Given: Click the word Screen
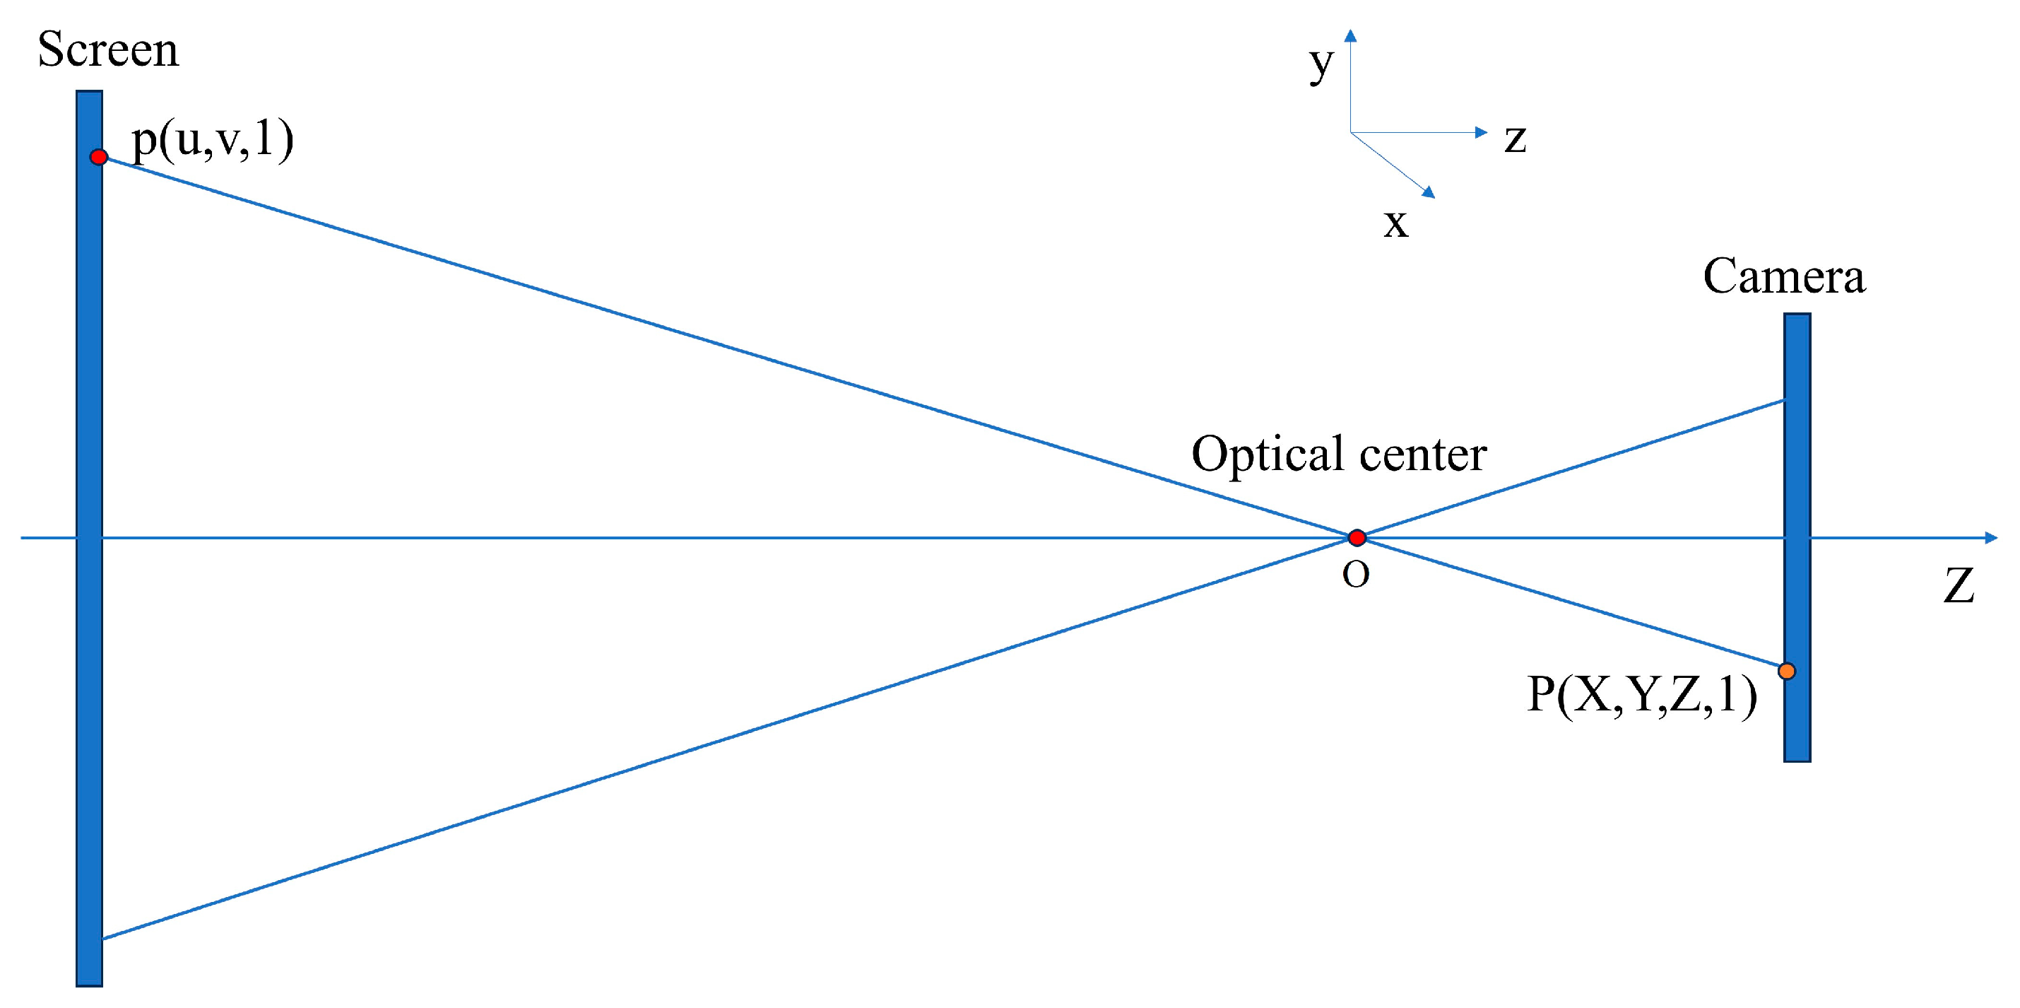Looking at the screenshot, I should (108, 50).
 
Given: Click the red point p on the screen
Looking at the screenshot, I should (99, 157).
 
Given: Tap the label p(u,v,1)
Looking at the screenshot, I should (213, 141).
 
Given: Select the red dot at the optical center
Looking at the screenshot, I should (1357, 537).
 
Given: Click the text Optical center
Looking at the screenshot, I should (1339, 455).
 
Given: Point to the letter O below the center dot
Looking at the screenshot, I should (1356, 575).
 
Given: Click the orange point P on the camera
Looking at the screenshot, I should (1786, 671).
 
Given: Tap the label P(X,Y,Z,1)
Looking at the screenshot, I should (1641, 695).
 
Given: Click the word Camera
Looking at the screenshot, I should (1784, 277).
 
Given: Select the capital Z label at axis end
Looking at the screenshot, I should (1958, 585).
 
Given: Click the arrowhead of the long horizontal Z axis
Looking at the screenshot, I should (1990, 537).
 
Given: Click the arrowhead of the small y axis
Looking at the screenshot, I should (1350, 35).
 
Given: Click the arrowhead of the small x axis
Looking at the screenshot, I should (1429, 192).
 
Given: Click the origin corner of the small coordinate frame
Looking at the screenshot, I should (1350, 131).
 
